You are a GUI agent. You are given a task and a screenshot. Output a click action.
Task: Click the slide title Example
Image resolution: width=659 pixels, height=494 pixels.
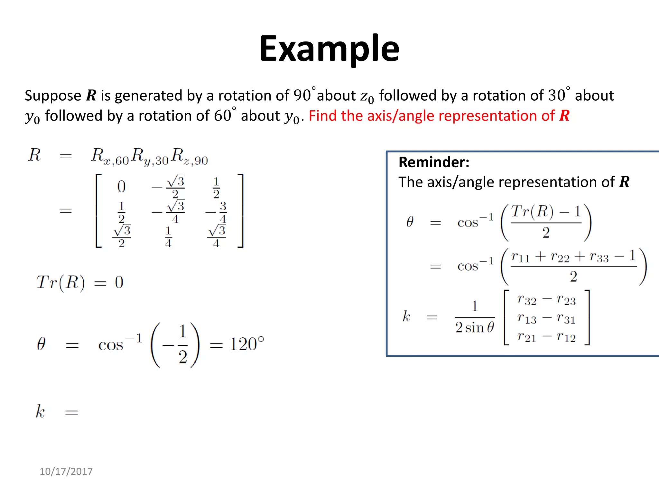click(329, 49)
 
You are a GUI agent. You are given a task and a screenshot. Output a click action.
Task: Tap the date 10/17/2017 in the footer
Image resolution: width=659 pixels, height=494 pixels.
click(66, 471)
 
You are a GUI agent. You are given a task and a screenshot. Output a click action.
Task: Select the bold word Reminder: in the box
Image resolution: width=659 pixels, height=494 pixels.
click(434, 162)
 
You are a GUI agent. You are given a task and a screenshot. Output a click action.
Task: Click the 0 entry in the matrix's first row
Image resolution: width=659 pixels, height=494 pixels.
click(121, 187)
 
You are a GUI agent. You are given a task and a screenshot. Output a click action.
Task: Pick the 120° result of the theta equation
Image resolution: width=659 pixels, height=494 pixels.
click(246, 344)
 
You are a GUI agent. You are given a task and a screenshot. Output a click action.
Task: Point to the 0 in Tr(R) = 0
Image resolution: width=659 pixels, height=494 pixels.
click(119, 282)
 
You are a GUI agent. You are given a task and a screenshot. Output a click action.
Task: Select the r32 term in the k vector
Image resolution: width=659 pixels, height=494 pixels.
click(526, 300)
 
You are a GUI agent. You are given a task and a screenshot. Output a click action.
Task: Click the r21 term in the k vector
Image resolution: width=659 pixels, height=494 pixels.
click(526, 337)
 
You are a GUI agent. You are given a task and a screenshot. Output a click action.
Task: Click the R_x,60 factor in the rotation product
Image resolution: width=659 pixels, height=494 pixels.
click(109, 156)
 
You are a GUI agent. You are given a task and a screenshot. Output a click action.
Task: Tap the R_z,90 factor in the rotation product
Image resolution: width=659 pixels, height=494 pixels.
click(189, 156)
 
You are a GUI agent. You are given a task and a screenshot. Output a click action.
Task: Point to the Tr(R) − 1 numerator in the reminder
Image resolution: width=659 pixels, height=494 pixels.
click(546, 212)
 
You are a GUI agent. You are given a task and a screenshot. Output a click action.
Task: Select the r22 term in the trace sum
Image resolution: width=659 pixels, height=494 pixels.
click(560, 257)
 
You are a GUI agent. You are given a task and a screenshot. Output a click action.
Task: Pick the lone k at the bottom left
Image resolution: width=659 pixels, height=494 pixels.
click(40, 411)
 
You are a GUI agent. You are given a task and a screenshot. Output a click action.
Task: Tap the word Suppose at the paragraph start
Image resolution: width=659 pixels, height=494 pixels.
click(53, 96)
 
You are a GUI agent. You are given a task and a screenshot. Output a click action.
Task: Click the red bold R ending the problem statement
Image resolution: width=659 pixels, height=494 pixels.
click(564, 116)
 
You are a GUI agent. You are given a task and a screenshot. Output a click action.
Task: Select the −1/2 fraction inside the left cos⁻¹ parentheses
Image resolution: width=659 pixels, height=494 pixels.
click(176, 345)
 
